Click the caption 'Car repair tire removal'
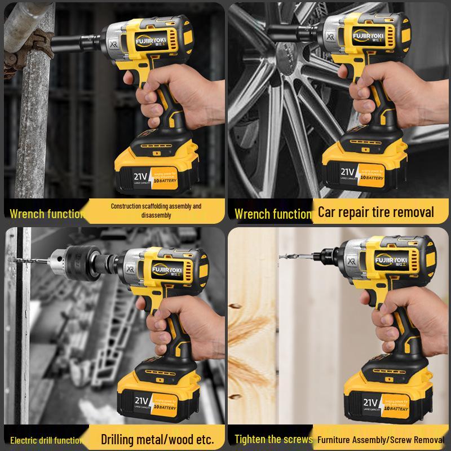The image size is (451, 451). [x=376, y=212]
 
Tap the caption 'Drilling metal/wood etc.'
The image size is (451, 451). [x=157, y=439]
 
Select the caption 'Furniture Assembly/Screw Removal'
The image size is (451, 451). [x=381, y=439]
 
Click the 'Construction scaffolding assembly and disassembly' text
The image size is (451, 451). [x=156, y=210]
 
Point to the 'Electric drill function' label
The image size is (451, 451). [x=46, y=440]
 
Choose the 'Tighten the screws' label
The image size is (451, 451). [x=273, y=439]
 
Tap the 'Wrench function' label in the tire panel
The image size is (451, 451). [x=272, y=214]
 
